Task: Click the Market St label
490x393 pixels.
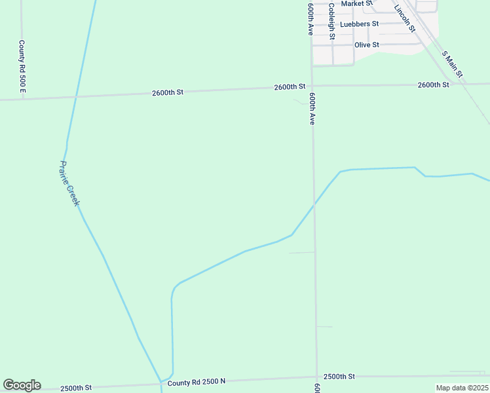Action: (x=357, y=3)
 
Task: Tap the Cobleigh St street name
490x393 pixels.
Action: (x=331, y=21)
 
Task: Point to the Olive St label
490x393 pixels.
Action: (x=367, y=45)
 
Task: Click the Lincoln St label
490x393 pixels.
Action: (x=405, y=18)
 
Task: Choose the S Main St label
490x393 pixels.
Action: (x=452, y=64)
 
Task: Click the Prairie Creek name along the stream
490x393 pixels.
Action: (x=69, y=183)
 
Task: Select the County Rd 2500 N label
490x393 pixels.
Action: (x=197, y=381)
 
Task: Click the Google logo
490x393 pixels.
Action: (x=22, y=385)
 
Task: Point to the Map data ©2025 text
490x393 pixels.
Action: (x=462, y=388)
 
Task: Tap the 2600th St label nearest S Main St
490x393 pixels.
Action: (x=433, y=85)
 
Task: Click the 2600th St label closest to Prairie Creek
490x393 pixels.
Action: (x=167, y=92)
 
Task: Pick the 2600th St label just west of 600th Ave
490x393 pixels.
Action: (x=290, y=86)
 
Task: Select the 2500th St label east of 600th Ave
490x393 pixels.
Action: (x=339, y=377)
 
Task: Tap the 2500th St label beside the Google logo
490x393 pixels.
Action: (x=76, y=388)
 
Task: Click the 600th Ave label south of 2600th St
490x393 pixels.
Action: (x=312, y=108)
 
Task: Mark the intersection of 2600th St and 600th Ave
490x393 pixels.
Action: (x=311, y=86)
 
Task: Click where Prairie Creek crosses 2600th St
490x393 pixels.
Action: (x=75, y=96)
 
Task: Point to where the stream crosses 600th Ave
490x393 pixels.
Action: (x=314, y=204)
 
